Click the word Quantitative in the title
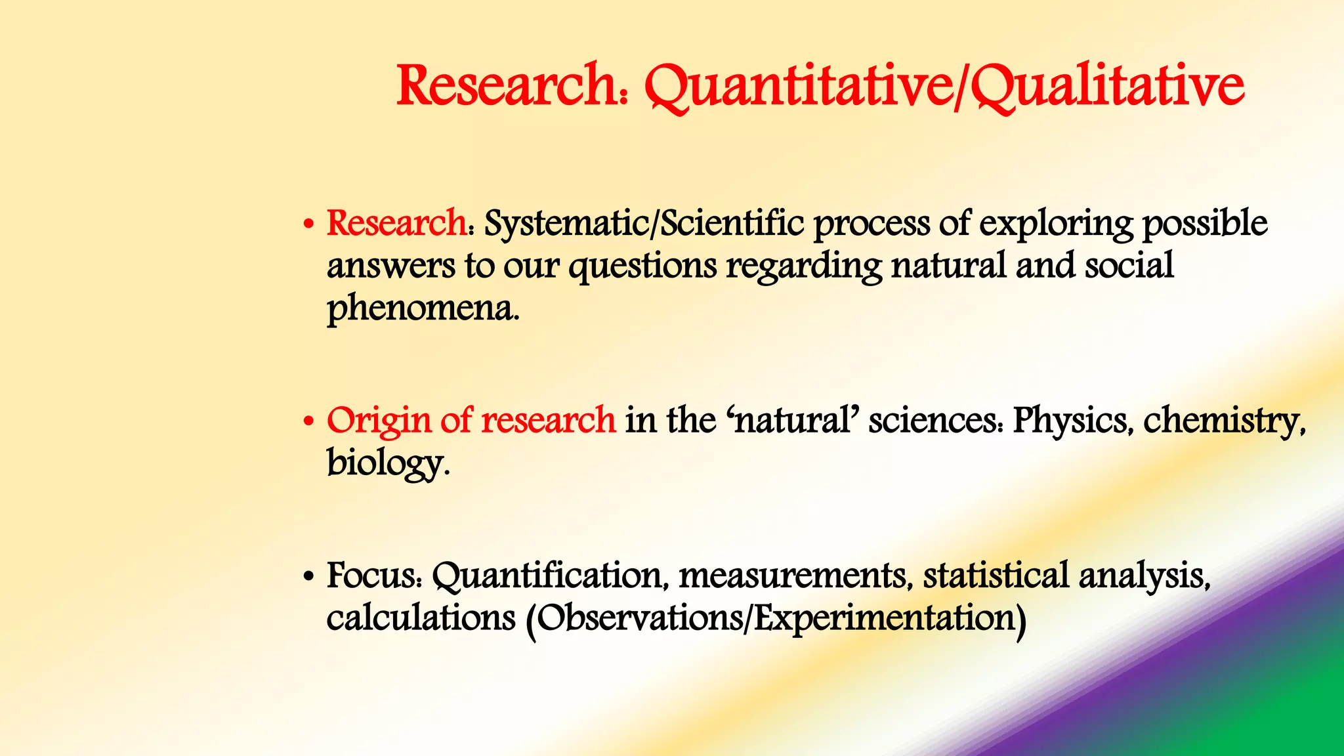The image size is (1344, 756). [x=798, y=87]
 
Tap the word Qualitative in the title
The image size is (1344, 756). [x=1106, y=87]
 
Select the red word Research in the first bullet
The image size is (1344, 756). [x=396, y=223]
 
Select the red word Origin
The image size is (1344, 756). [x=379, y=421]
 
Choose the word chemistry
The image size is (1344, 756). [x=1223, y=421]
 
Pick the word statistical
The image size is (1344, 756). [x=996, y=576]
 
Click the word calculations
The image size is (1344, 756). [x=421, y=618]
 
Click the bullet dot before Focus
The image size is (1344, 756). [x=308, y=578]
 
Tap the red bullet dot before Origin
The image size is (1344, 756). [x=308, y=422]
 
